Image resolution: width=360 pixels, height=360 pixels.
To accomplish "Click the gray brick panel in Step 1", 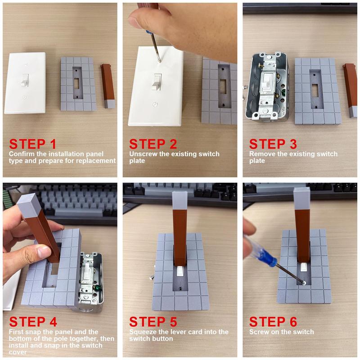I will click(77, 84).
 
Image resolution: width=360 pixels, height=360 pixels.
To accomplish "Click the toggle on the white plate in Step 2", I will click(156, 82).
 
